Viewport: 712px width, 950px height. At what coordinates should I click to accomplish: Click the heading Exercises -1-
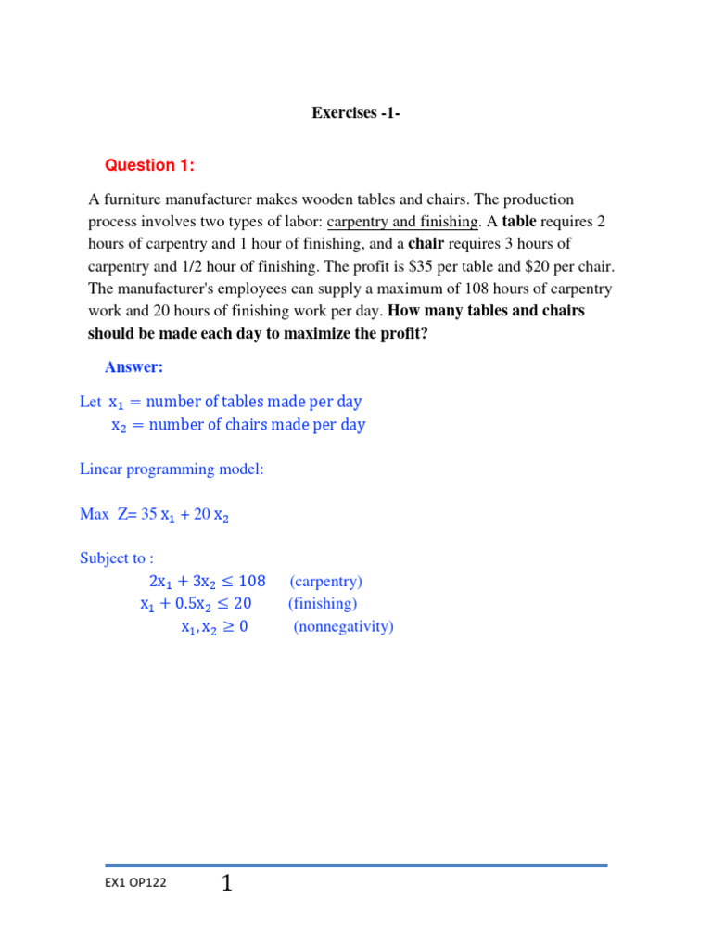click(356, 113)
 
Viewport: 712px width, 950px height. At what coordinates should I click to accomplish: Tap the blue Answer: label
click(133, 367)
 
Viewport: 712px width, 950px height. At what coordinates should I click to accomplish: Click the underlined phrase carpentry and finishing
click(403, 222)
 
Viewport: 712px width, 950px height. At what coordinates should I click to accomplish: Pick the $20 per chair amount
click(513, 266)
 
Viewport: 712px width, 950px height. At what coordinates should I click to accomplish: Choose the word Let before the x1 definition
click(90, 402)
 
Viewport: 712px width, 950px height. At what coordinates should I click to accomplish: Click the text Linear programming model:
click(172, 469)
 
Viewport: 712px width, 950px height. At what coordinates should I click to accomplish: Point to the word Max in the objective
click(95, 514)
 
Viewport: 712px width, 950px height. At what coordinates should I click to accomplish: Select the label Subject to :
click(117, 558)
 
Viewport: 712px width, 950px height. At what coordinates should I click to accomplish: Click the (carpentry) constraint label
click(325, 582)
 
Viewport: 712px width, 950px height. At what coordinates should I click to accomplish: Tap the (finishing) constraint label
click(322, 604)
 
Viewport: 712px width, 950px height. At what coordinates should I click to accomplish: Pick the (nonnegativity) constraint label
click(344, 627)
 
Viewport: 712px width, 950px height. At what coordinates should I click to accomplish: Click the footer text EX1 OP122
click(135, 883)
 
